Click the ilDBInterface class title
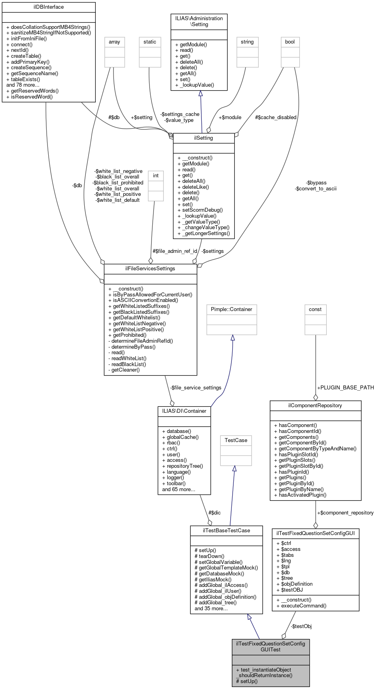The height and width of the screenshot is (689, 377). tap(49, 7)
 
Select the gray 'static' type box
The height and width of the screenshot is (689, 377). tap(150, 42)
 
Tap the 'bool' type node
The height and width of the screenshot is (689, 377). tap(290, 42)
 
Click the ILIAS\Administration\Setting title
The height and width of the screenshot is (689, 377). tap(199, 21)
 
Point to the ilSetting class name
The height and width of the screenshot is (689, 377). tap(204, 138)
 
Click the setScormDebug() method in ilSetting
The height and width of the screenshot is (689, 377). tap(203, 210)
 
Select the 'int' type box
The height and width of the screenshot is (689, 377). tap(156, 176)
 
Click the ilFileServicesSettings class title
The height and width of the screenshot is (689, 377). tap(150, 269)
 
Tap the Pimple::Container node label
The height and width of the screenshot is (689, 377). tap(231, 309)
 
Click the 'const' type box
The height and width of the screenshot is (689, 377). tap(315, 309)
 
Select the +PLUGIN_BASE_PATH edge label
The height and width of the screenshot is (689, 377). tap(345, 388)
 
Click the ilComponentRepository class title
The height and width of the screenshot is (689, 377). tap(315, 406)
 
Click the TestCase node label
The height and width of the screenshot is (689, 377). tap(236, 440)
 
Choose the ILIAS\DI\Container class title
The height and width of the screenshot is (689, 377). tap(184, 411)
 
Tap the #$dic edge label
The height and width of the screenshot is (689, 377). tap(214, 513)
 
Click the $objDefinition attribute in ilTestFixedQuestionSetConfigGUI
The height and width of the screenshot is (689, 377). tap(297, 584)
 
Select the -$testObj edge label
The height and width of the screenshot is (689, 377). tap(301, 626)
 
